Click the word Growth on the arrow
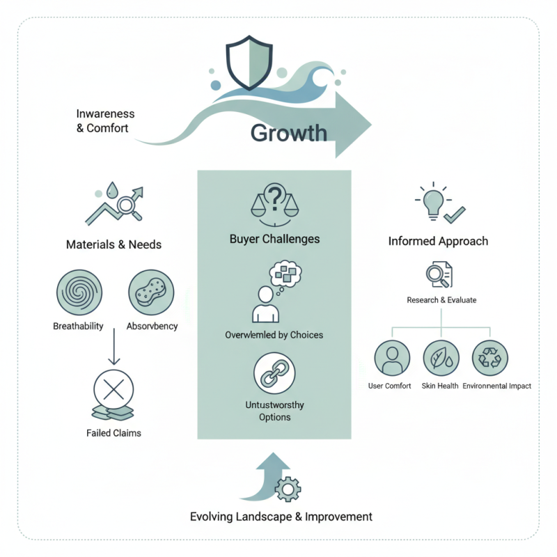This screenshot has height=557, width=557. click(288, 132)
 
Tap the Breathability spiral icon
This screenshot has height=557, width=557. click(79, 293)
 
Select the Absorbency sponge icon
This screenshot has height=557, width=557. click(151, 293)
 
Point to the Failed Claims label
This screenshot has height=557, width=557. click(113, 433)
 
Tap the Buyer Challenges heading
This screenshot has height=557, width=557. click(274, 239)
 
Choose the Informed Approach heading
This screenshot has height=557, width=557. click(438, 242)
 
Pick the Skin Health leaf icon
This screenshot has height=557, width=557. click(441, 359)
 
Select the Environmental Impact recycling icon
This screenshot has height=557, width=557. click(489, 359)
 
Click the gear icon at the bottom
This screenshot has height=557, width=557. click(288, 489)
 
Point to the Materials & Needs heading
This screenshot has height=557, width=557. click(113, 244)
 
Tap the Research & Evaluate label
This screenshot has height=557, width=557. click(441, 300)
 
